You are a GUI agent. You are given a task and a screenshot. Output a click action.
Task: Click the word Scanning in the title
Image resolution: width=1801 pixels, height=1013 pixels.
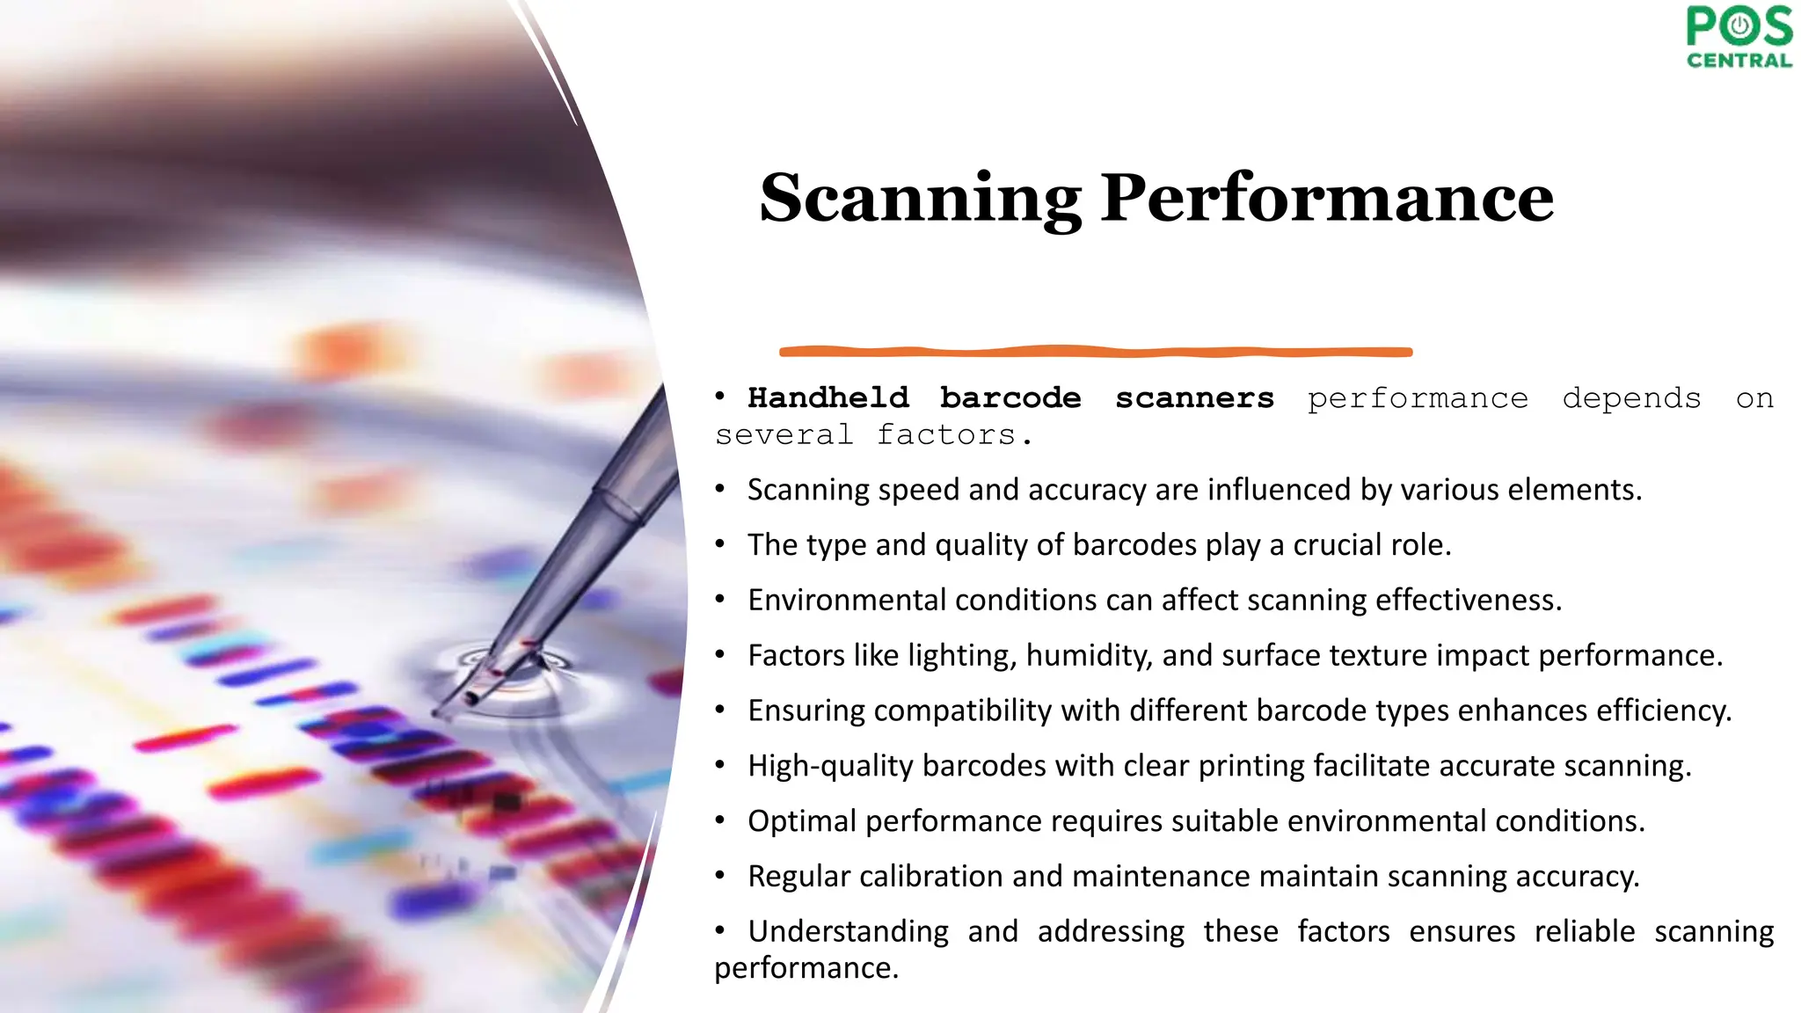920,199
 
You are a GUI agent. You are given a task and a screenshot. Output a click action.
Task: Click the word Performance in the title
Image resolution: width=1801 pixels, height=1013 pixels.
1327,199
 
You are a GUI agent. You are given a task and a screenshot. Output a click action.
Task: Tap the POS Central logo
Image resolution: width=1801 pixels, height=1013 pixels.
1739,37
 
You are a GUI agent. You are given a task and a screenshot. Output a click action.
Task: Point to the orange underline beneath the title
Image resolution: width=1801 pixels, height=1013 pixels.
1096,352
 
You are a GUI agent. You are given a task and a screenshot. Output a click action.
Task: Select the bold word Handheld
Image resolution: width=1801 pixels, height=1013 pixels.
828,398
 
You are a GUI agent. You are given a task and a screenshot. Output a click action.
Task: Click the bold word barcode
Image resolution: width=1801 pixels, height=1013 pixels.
1010,398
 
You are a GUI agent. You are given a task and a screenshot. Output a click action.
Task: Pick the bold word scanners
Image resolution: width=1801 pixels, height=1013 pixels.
1194,398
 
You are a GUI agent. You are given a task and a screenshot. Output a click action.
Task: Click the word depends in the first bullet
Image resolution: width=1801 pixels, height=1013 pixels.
1631,398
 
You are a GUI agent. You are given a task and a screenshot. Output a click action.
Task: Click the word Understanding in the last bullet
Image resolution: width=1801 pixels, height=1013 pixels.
848,931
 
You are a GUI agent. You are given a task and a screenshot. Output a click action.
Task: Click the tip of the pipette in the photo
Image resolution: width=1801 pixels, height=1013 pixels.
440,712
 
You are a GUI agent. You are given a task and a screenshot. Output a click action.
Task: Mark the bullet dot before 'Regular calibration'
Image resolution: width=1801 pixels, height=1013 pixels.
720,875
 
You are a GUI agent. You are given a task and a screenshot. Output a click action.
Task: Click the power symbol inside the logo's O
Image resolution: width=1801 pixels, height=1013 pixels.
1739,26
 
